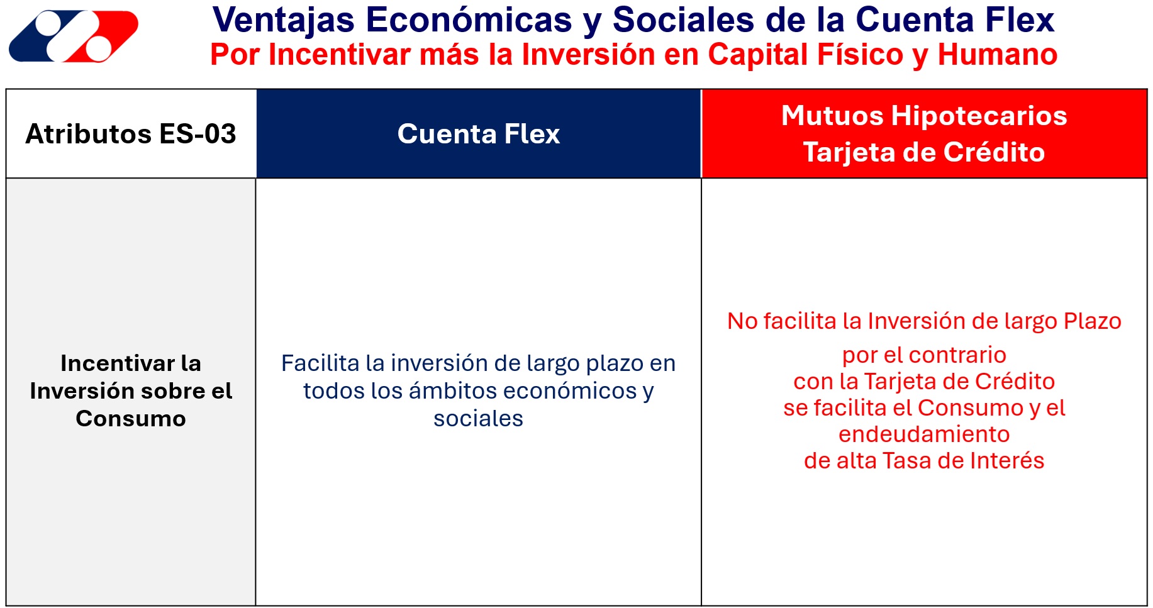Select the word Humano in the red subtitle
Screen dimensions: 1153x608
[998, 55]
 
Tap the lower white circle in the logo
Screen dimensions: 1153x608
[97, 49]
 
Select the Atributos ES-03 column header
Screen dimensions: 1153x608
[131, 134]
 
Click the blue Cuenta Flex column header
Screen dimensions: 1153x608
[479, 134]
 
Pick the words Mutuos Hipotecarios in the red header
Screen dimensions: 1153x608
[924, 116]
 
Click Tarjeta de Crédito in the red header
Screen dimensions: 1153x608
[924, 152]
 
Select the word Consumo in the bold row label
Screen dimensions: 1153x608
[131, 418]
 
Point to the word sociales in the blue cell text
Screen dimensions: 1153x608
[478, 418]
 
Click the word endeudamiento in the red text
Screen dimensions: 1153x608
[924, 434]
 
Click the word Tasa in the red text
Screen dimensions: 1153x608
[906, 460]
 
